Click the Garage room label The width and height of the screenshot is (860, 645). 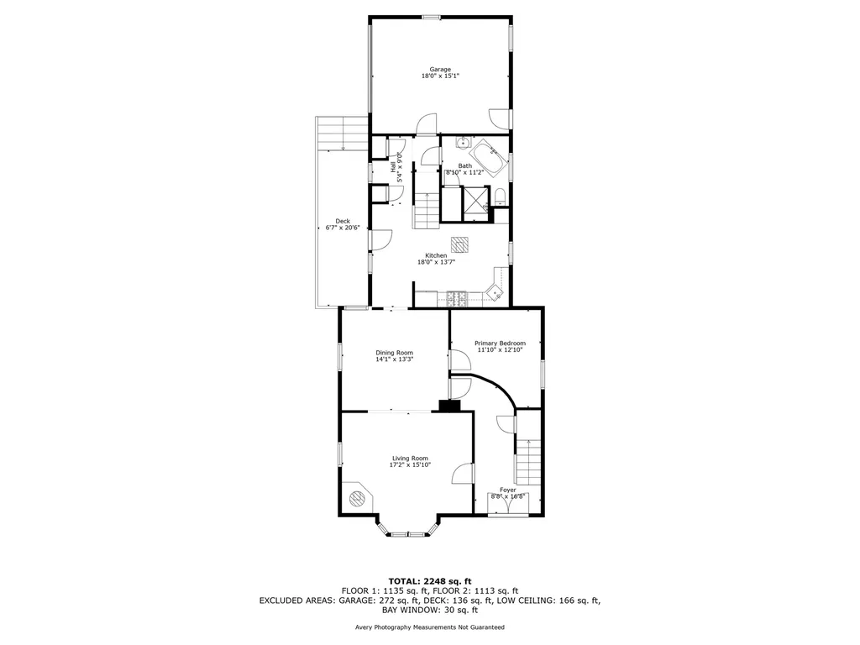click(440, 69)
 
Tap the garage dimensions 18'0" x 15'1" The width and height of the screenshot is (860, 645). click(440, 76)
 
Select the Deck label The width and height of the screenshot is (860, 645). click(342, 221)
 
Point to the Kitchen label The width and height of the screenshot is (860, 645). click(436, 255)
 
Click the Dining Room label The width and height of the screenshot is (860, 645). click(394, 353)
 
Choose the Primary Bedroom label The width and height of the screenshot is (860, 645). click(500, 343)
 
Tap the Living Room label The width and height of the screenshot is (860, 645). click(410, 458)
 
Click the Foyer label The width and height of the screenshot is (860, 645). click(508, 490)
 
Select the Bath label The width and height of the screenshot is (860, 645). click(464, 165)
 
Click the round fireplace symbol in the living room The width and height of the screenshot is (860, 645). click(358, 498)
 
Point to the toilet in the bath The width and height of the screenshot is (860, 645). click(500, 198)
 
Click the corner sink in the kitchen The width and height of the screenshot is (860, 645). click(496, 293)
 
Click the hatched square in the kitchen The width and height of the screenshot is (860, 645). click(459, 244)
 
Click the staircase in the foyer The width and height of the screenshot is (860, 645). click(528, 461)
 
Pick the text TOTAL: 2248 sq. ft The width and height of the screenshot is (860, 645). click(429, 581)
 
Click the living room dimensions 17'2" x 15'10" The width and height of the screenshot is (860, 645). click(410, 464)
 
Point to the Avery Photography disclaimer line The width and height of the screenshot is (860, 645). click(429, 627)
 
